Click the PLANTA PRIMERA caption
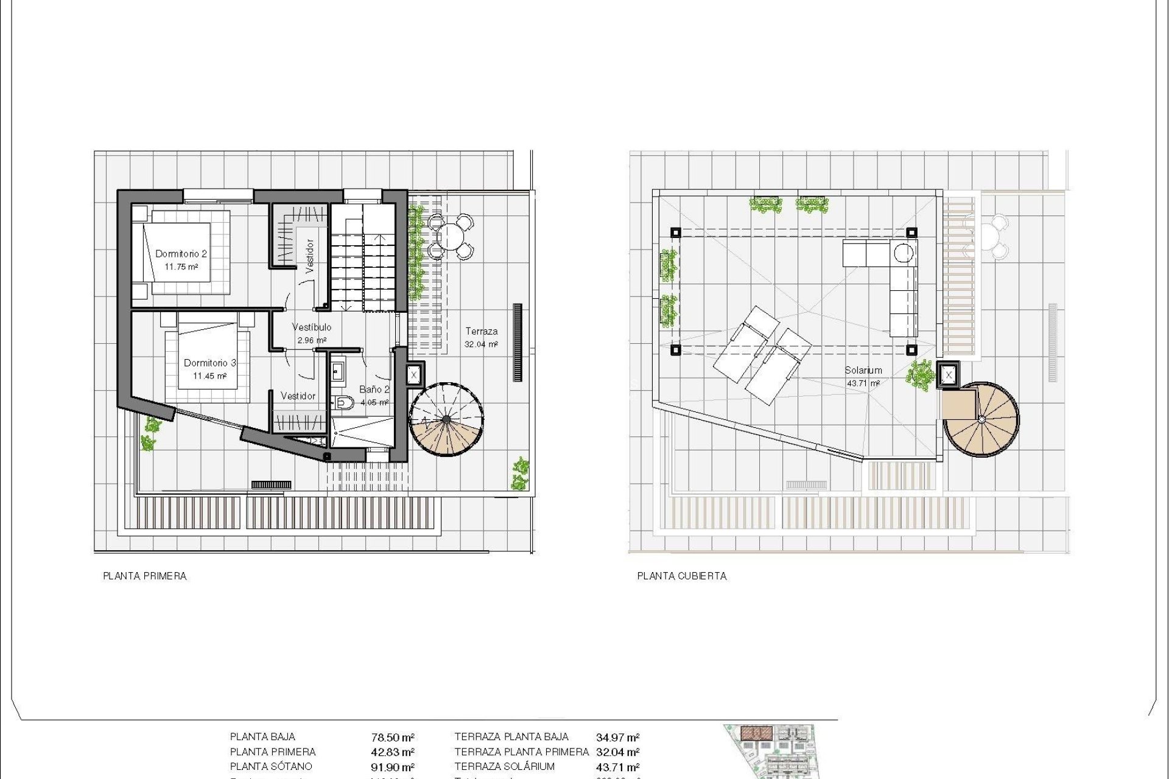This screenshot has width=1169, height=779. [145, 576]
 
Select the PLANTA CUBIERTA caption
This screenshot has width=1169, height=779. [682, 576]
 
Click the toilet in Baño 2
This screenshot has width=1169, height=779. [344, 402]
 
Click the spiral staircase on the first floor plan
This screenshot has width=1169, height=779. [446, 419]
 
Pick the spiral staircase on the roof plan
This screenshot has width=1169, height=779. [981, 419]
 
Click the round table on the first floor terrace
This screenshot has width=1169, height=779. [450, 236]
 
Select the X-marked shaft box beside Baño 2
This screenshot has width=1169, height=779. [414, 375]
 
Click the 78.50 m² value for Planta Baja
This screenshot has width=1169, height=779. [393, 738]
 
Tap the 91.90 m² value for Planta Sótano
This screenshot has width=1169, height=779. [393, 767]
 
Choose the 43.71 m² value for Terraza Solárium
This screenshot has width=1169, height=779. [617, 767]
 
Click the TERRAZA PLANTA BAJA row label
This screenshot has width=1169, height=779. [511, 737]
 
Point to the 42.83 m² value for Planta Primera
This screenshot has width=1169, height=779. [393, 752]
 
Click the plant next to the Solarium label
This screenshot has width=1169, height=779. [919, 375]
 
